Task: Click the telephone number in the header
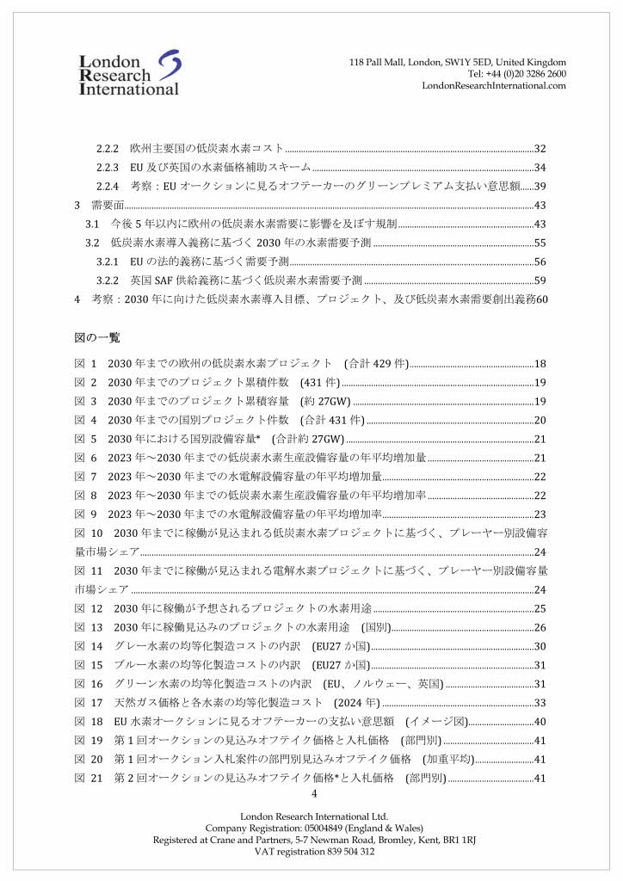(x=516, y=74)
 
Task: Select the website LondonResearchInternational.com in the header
(x=494, y=85)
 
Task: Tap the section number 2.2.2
(x=107, y=149)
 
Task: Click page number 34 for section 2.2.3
(x=540, y=168)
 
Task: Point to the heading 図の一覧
(x=97, y=337)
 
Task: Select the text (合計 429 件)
(x=376, y=364)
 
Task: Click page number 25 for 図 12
(x=540, y=608)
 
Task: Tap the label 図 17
(x=89, y=703)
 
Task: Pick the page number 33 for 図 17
(x=540, y=703)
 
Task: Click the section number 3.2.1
(x=107, y=262)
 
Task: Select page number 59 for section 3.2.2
(x=540, y=280)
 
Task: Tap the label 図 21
(x=89, y=779)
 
